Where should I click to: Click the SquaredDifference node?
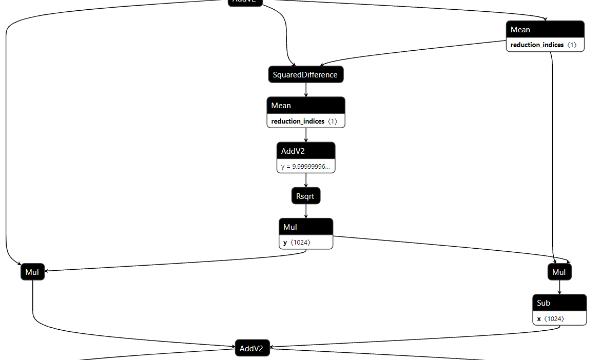click(306, 75)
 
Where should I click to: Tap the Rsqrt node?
click(306, 196)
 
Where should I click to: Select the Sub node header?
click(559, 303)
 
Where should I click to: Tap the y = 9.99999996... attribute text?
click(305, 167)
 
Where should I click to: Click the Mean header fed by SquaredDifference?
click(306, 106)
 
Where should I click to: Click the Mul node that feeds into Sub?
click(559, 272)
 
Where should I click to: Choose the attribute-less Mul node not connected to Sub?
click(33, 272)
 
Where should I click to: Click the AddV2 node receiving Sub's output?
click(252, 349)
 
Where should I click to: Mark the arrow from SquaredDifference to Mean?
click(306, 90)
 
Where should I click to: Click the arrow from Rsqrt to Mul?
click(306, 211)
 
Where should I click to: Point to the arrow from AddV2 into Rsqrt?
click(306, 181)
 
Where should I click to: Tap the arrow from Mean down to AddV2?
click(306, 135)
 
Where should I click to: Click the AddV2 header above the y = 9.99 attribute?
click(306, 151)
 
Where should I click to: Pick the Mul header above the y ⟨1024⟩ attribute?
click(306, 227)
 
